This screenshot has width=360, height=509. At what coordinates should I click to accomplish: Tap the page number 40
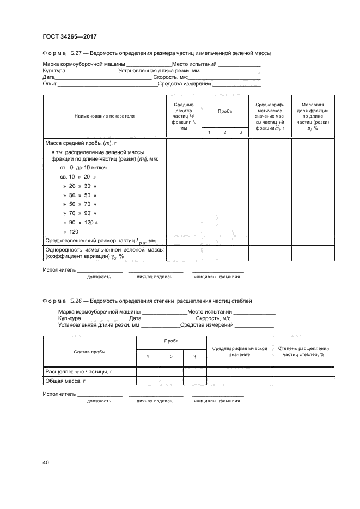(46, 462)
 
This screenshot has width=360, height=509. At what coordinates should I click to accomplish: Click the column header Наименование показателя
(105, 116)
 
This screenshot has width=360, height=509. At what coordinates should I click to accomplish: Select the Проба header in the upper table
(225, 111)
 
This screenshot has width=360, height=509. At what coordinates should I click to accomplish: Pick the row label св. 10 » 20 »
(79, 177)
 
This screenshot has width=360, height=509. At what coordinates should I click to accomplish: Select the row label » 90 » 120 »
(81, 223)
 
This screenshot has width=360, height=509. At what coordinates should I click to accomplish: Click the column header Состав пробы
(89, 352)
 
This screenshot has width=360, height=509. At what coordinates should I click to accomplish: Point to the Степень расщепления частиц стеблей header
(304, 351)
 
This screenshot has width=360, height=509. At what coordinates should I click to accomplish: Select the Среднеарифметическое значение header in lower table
(239, 351)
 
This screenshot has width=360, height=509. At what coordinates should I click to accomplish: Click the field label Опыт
(50, 84)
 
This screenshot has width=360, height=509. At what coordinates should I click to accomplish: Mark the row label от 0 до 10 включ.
(84, 168)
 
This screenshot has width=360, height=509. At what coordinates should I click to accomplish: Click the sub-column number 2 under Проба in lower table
(171, 357)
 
